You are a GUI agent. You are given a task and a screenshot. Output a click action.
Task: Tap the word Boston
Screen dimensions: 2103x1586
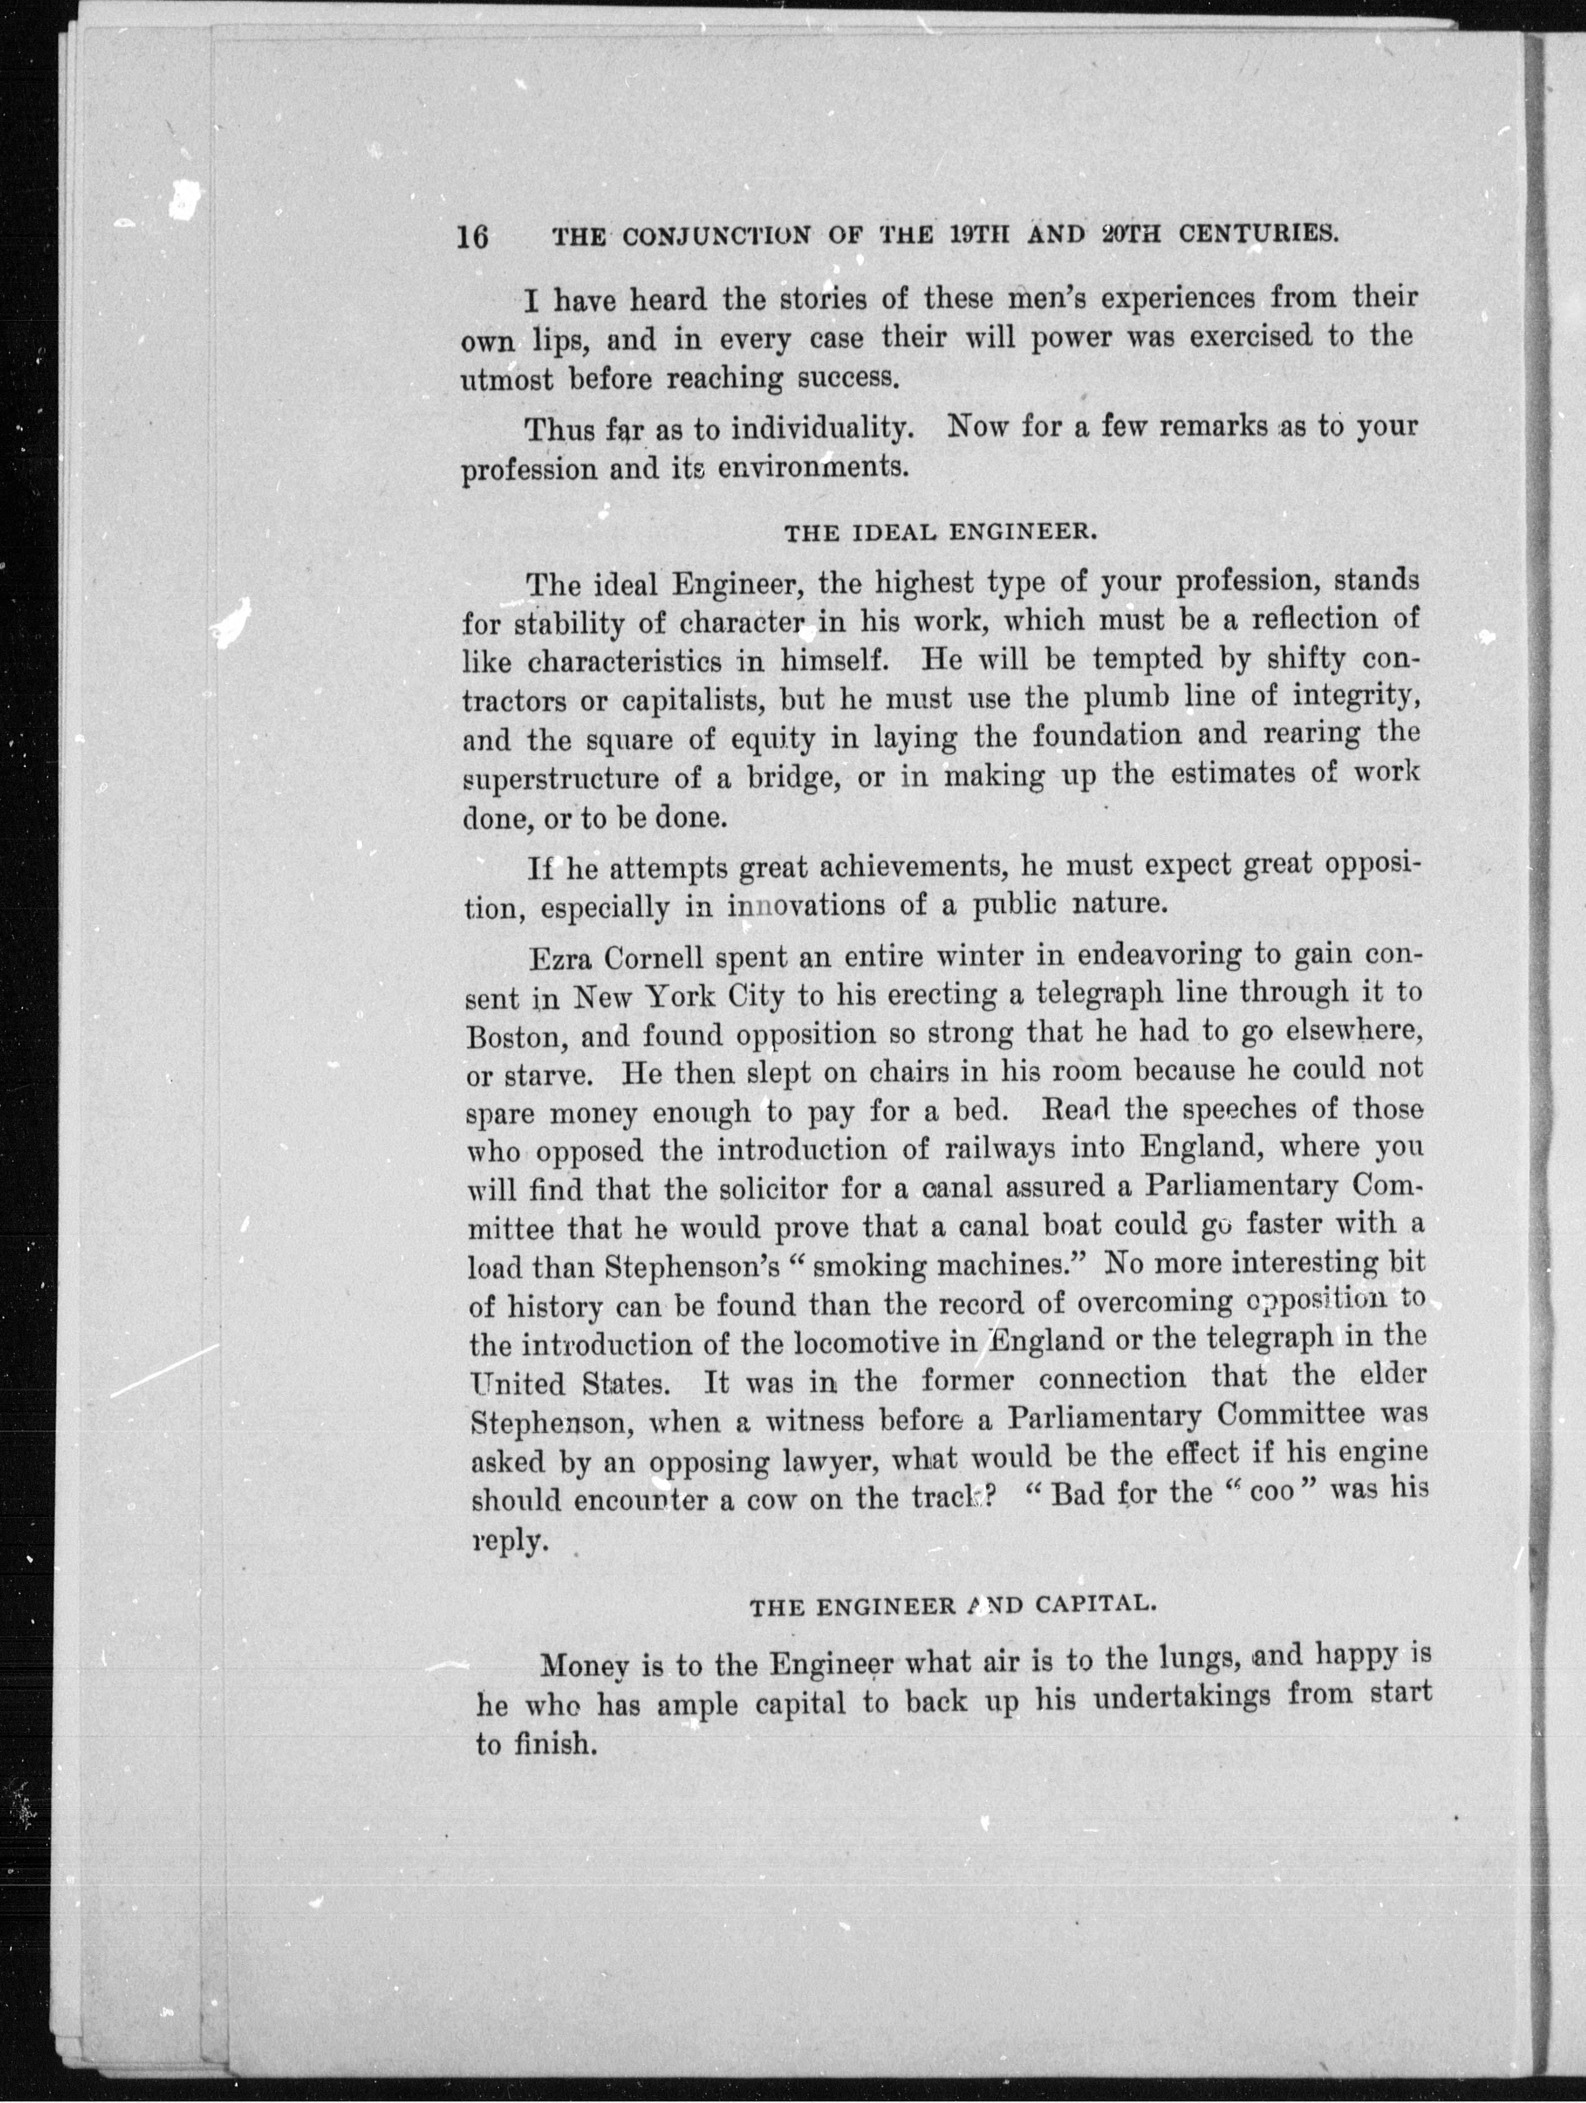tap(514, 1035)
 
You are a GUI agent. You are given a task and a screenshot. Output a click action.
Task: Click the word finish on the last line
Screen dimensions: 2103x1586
tap(555, 1745)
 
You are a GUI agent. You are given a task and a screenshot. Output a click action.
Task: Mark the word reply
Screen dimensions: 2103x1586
tap(510, 1540)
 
